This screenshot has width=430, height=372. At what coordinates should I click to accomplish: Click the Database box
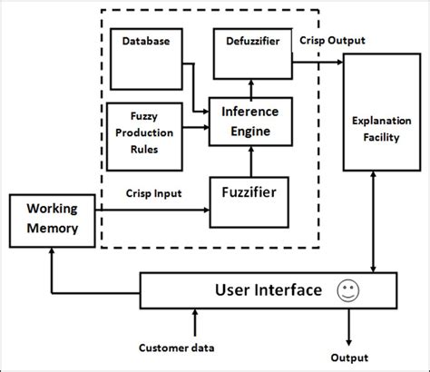pyautogui.click(x=146, y=55)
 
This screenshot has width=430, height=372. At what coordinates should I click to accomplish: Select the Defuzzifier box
pyautogui.click(x=251, y=54)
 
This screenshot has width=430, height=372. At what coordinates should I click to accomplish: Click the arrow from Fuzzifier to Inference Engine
pyautogui.click(x=251, y=163)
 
